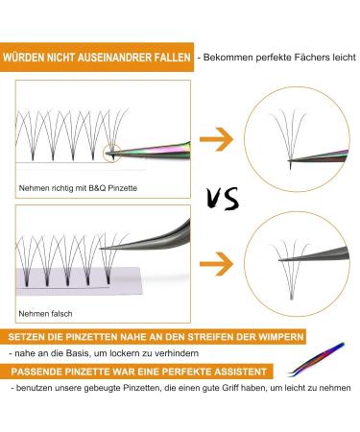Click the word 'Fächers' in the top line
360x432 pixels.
coord(301,58)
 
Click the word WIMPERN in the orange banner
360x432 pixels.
coord(279,336)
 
